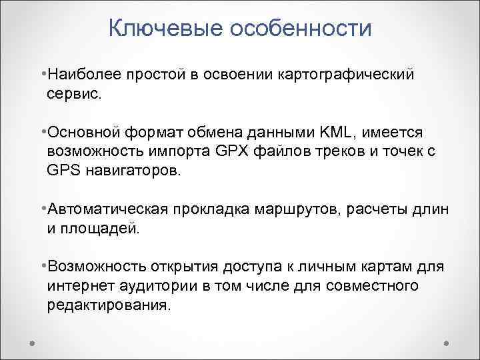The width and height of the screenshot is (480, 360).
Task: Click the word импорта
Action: [x=188, y=151]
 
